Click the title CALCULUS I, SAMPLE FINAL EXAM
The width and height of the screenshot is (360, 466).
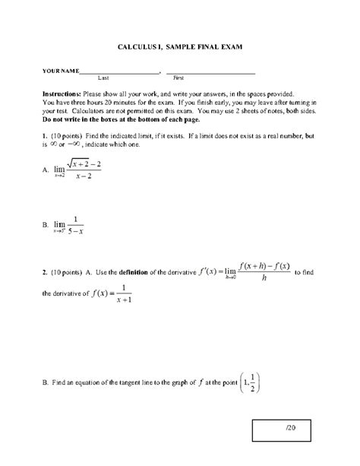179,46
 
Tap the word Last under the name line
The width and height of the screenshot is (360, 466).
104,78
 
